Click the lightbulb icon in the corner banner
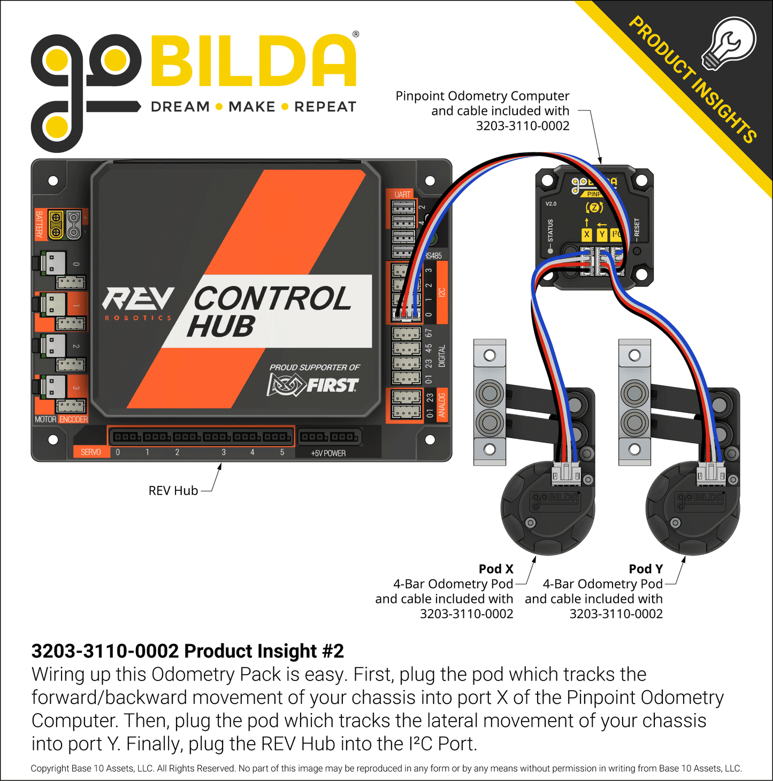(x=728, y=43)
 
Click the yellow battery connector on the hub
(x=56, y=225)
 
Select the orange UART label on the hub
(x=403, y=195)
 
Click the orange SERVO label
(x=90, y=452)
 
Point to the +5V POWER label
(x=328, y=453)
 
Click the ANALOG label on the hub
(x=442, y=405)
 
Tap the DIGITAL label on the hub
(x=442, y=356)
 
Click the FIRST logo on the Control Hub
(x=313, y=385)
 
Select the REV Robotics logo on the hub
(x=139, y=303)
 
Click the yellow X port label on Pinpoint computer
(x=587, y=234)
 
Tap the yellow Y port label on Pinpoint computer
(x=602, y=234)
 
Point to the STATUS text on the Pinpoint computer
(x=550, y=230)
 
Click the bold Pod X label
(x=496, y=569)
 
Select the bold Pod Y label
(x=646, y=569)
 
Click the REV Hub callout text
(x=173, y=491)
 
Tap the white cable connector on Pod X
(x=566, y=473)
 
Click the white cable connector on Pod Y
(x=711, y=473)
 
